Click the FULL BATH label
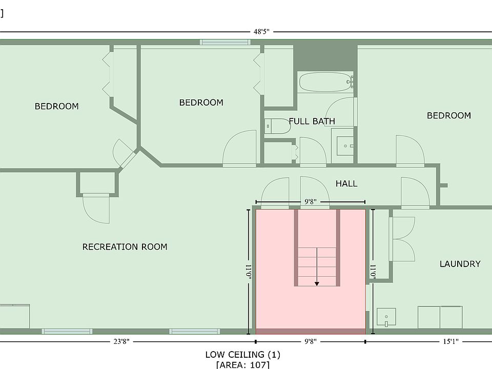312,121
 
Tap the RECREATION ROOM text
125,247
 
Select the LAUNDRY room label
460,264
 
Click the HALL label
346,183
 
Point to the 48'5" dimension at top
261,32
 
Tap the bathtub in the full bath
325,81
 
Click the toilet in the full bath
277,126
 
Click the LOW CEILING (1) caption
242,355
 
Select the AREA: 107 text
242,365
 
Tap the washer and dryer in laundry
440,317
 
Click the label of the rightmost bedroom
448,116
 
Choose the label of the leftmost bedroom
56,107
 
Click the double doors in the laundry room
402,239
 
